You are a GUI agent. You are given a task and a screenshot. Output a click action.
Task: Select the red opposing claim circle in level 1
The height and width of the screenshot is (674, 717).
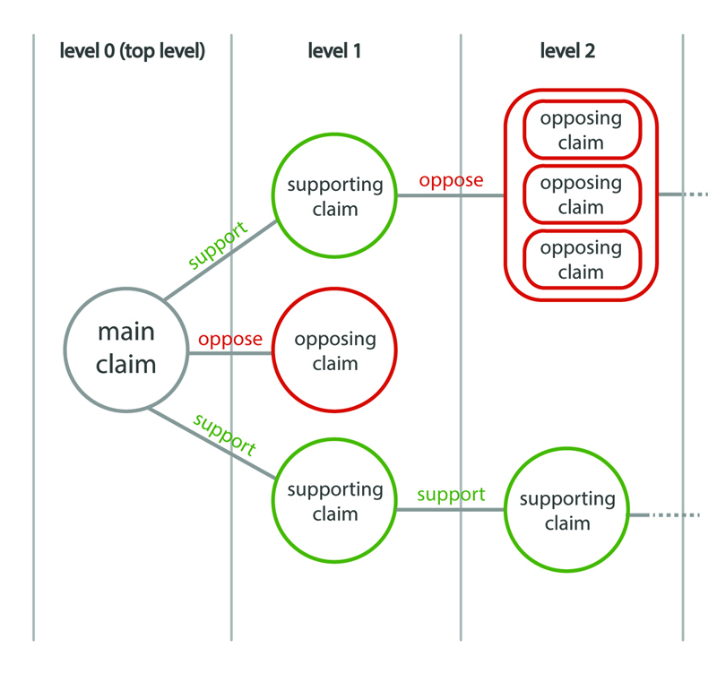333,352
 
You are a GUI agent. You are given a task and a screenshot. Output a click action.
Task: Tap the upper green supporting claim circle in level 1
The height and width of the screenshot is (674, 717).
334,196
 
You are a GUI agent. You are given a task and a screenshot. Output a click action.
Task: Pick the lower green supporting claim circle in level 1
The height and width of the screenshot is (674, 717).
334,502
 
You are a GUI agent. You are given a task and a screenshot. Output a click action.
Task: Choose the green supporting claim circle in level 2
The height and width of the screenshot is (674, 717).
567,511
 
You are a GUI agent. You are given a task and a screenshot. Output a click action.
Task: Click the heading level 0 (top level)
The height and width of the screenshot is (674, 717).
133,51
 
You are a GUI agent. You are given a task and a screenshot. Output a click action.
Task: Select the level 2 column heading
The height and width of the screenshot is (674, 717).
567,51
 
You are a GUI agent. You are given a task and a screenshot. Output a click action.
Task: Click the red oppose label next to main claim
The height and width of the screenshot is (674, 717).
230,340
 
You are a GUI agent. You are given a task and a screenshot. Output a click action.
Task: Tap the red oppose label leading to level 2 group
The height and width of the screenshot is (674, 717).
451,180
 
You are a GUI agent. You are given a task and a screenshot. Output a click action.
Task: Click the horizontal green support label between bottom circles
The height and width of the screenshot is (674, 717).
451,495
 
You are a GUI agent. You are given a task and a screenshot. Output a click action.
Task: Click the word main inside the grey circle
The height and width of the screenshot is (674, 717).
125,332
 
